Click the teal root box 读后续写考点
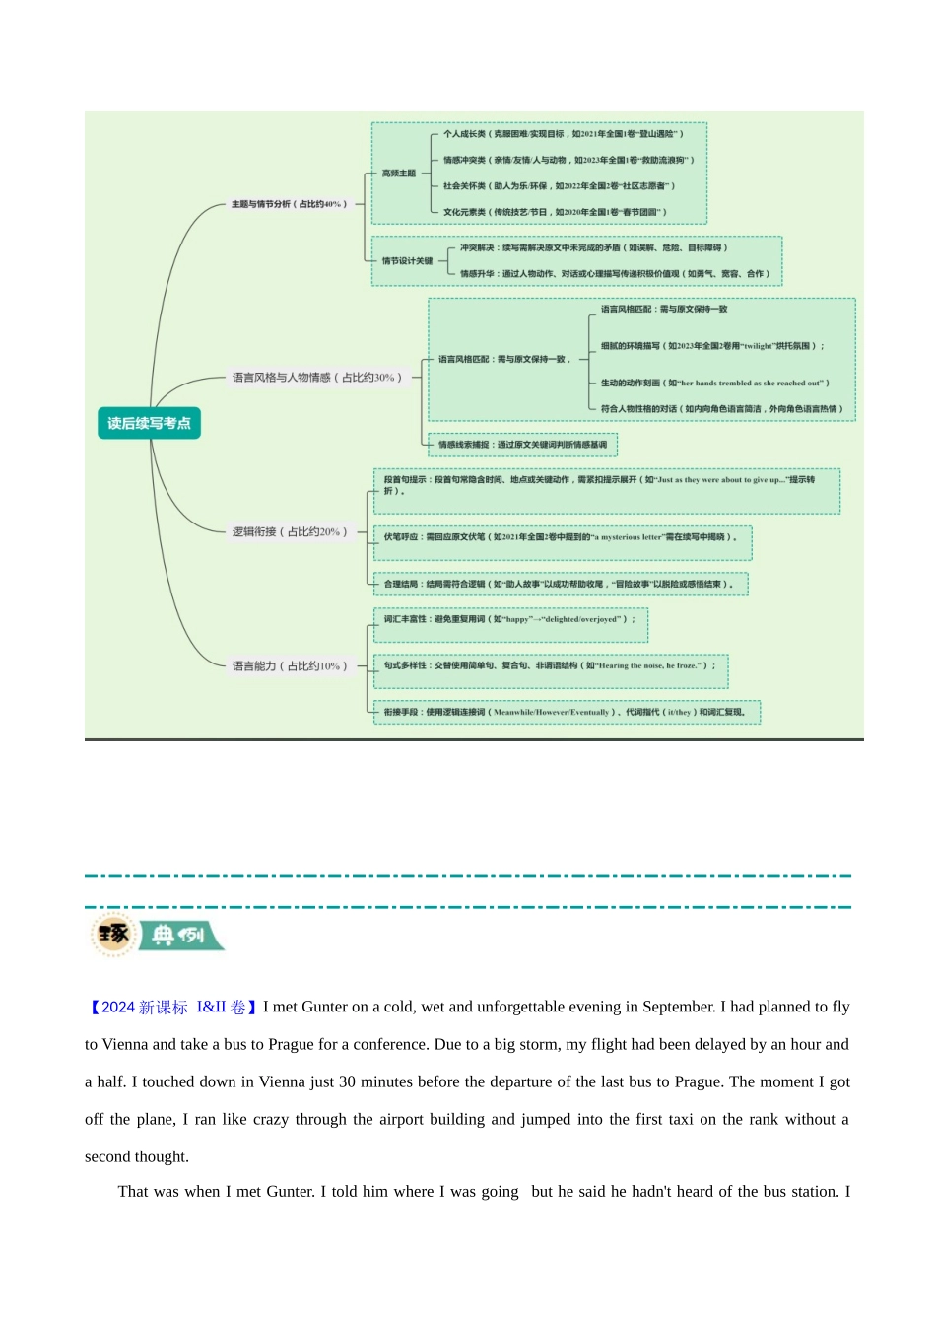pyautogui.click(x=149, y=423)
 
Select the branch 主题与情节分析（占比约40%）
pyautogui.click(x=289, y=204)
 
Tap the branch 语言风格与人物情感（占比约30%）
pyautogui.click(x=316, y=377)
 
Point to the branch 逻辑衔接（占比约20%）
pyautogui.click(x=289, y=531)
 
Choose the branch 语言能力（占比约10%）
pyautogui.click(x=289, y=665)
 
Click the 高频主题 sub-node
pyautogui.click(x=398, y=174)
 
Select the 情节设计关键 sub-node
pyautogui.click(x=407, y=261)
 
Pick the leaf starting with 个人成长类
pyautogui.click(x=562, y=134)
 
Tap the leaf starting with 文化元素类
pyautogui.click(x=554, y=212)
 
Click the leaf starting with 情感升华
pyautogui.click(x=614, y=274)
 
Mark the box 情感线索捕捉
pyautogui.click(x=522, y=445)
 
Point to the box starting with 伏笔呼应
pyautogui.click(x=561, y=537)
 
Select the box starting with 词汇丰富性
pyautogui.click(x=509, y=619)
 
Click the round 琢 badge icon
pyautogui.click(x=112, y=934)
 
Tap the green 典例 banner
pyautogui.click(x=179, y=935)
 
